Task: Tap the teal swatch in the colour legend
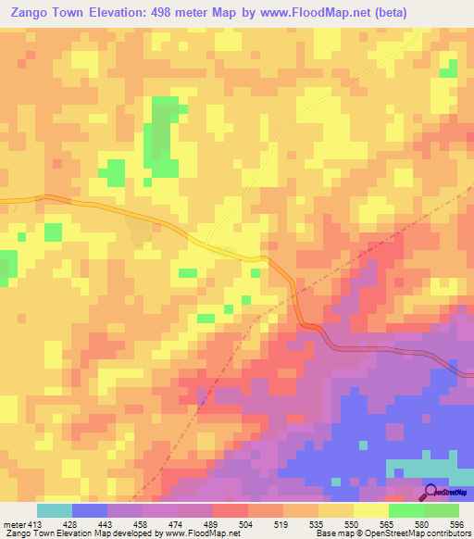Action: pos(55,511)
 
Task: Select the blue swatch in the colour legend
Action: pos(90,511)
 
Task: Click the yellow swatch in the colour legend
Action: pos(371,511)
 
